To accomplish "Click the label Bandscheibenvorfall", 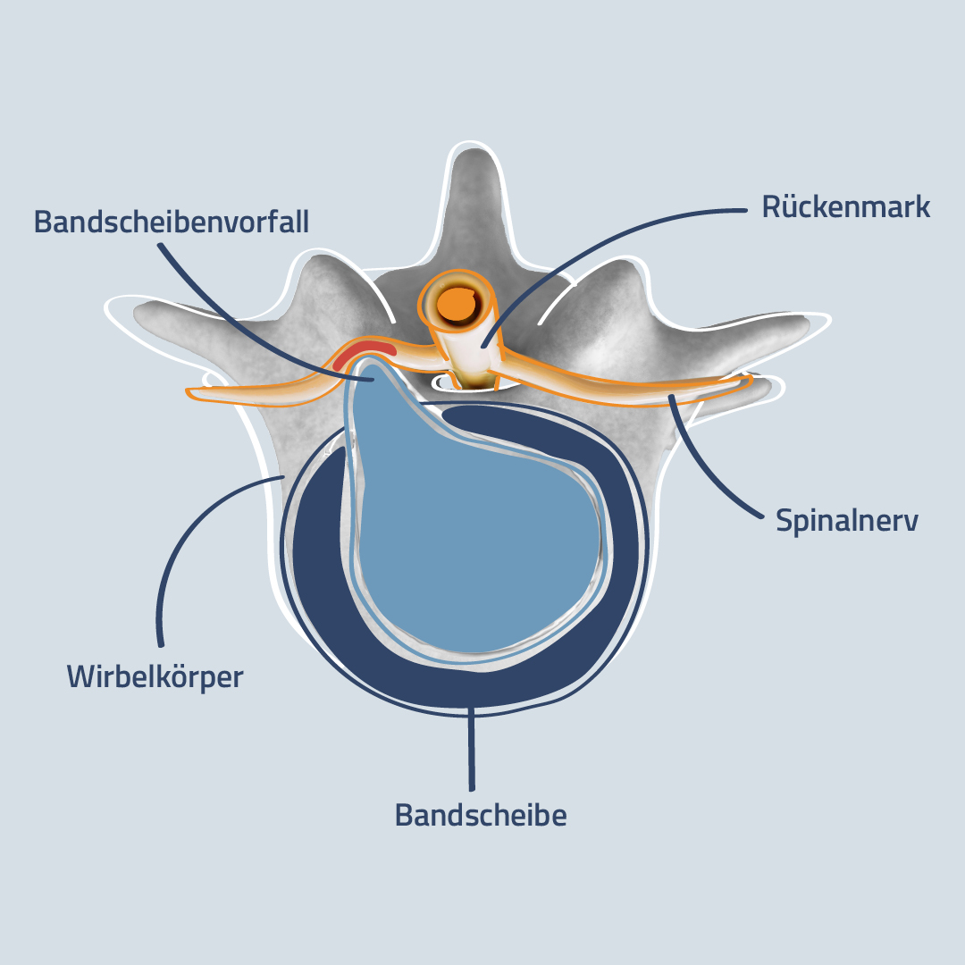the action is pyautogui.click(x=171, y=222).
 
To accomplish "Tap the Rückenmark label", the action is pyautogui.click(x=845, y=206).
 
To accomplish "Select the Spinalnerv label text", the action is pyautogui.click(x=847, y=521).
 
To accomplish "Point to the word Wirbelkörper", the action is pyautogui.click(x=155, y=677).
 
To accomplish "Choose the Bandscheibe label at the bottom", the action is pyautogui.click(x=481, y=816).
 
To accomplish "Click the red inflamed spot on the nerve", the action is pyautogui.click(x=363, y=353).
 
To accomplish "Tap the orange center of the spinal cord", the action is pyautogui.click(x=458, y=305).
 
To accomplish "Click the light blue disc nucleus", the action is pyautogui.click(x=474, y=529).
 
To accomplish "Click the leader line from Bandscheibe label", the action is pyautogui.click(x=472, y=749).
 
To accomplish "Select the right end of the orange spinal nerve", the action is pyautogui.click(x=750, y=381).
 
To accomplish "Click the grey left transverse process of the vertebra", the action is pyautogui.click(x=203, y=332).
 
